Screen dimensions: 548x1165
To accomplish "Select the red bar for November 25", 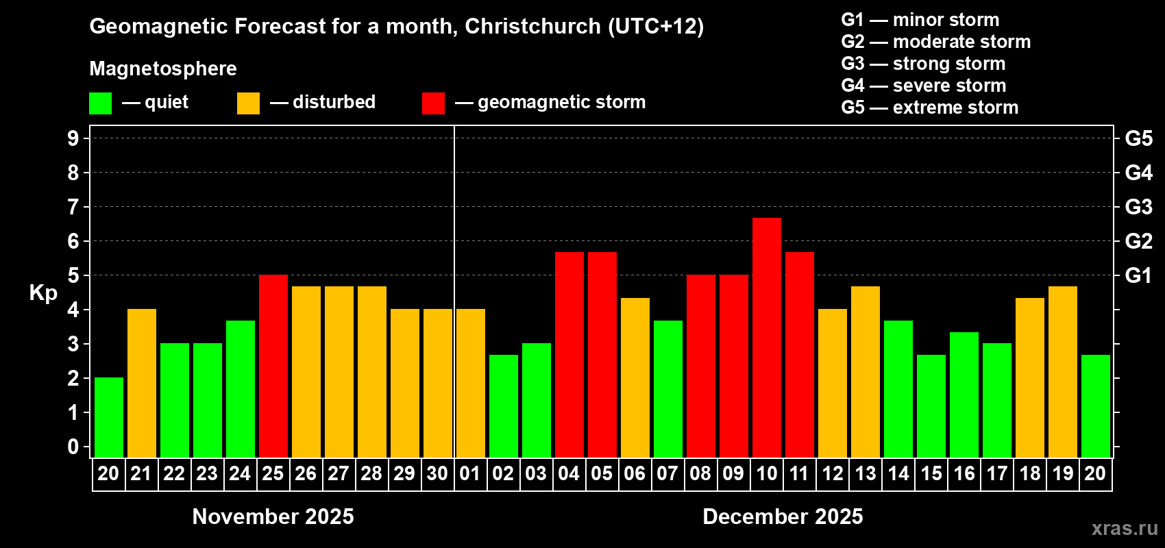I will (273, 366).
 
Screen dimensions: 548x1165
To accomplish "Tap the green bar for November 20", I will (108, 417).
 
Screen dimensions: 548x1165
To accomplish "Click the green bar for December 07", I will (667, 388).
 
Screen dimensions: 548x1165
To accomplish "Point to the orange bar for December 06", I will (635, 377).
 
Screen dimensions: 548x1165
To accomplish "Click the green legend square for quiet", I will (100, 103).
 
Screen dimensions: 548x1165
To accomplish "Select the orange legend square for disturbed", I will (248, 103).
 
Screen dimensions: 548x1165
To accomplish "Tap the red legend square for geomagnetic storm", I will (433, 103).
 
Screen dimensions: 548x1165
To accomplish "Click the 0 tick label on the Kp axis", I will (73, 447).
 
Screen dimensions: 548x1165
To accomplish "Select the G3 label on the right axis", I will (1138, 207).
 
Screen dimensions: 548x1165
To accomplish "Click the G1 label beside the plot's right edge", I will (1138, 275).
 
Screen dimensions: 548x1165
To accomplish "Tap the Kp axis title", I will (43, 293).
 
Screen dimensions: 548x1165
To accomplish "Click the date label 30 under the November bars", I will (437, 473).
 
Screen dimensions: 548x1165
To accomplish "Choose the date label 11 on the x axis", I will (799, 473).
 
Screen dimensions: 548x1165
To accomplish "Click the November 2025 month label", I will (273, 516).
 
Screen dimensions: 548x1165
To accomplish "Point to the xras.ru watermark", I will (1125, 528).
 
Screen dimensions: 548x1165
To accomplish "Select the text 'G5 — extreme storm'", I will (929, 108).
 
